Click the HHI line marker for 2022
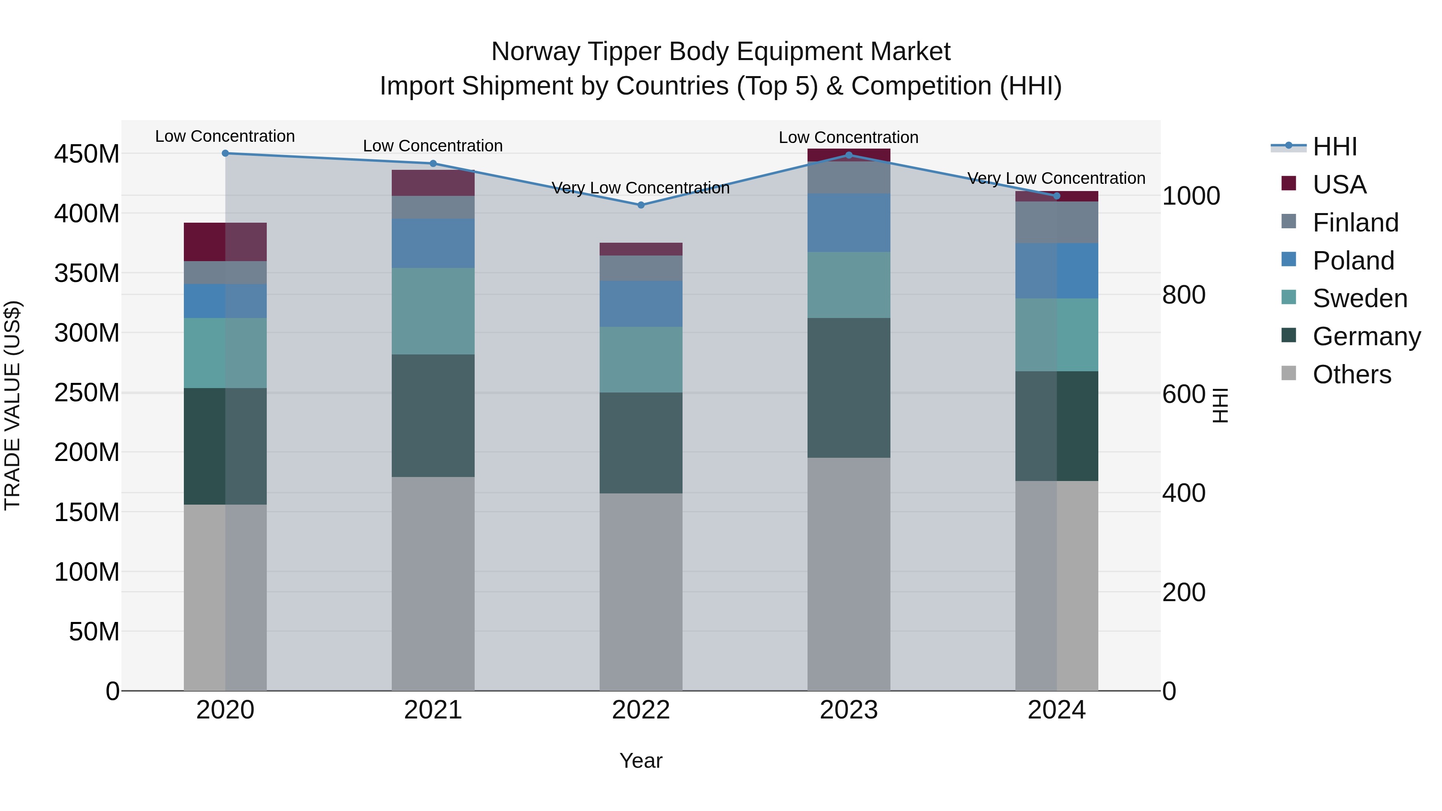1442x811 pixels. [641, 205]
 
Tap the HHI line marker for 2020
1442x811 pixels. [225, 153]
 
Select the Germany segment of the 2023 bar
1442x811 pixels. [849, 388]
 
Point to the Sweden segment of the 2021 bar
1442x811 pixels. [433, 311]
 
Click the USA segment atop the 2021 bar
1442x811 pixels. [433, 183]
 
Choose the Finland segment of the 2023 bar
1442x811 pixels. [849, 177]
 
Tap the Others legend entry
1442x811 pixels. [1351, 374]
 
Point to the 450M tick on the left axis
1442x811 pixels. [87, 154]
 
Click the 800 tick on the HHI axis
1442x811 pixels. [1183, 295]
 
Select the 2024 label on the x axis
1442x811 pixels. [1056, 710]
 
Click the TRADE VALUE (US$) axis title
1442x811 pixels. [12, 405]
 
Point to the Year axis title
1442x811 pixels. [640, 761]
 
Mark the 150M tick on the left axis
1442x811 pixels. [87, 512]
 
